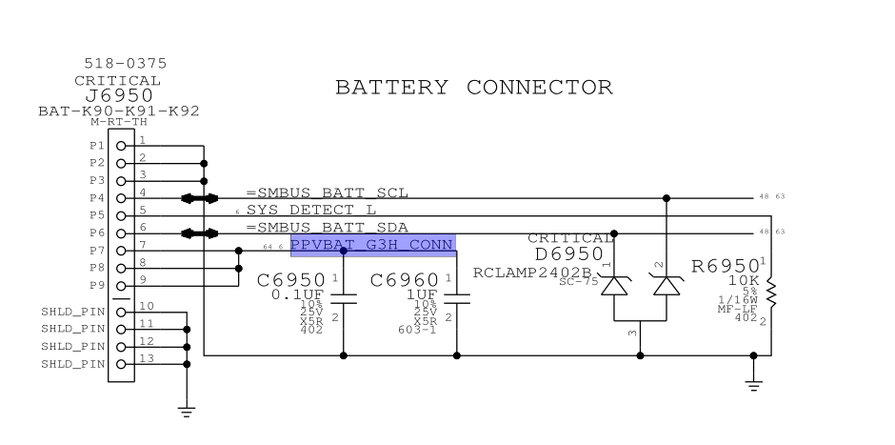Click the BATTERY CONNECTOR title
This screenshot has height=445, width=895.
[x=473, y=88]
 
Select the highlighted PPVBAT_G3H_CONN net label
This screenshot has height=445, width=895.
[x=372, y=245]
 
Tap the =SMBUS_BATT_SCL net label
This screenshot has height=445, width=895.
[x=328, y=192]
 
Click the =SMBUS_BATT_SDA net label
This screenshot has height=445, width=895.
[x=328, y=227]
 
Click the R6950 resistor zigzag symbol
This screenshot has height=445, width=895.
[x=771, y=291]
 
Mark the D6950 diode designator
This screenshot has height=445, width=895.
[x=568, y=255]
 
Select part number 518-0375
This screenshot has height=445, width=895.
[x=125, y=64]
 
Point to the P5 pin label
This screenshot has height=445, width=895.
[x=97, y=215]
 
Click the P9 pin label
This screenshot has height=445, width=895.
[x=97, y=286]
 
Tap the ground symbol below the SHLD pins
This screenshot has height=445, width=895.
[x=187, y=411]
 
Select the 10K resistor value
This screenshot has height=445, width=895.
[x=744, y=283]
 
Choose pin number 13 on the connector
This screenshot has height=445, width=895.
[x=146, y=357]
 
